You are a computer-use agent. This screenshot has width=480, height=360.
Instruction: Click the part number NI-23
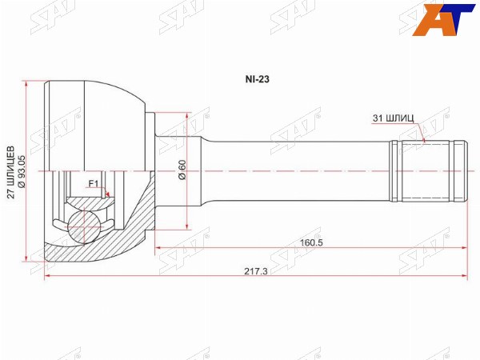(257, 79)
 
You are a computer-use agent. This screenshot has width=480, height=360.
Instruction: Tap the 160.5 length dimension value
(311, 242)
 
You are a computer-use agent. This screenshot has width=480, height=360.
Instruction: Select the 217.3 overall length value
(256, 271)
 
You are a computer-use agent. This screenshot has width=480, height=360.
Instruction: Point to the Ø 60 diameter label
(182, 170)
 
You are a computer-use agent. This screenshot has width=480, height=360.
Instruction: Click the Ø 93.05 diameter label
(22, 171)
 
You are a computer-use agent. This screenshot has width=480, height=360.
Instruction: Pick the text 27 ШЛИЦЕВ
(11, 172)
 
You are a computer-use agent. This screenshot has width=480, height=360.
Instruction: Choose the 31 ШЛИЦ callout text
(393, 118)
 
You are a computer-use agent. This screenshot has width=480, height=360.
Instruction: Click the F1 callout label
(93, 184)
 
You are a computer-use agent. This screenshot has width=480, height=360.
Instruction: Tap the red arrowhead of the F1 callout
(107, 194)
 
